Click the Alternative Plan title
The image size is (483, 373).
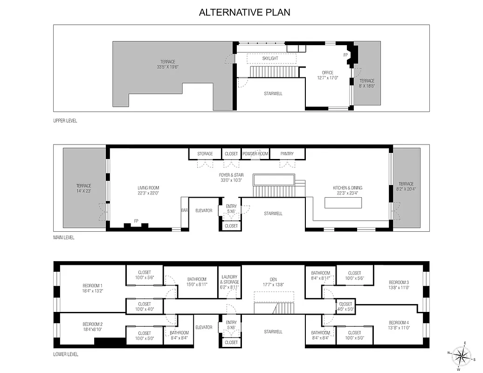click(x=244, y=12)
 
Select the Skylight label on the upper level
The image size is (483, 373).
click(x=270, y=58)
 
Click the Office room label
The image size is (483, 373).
click(x=328, y=73)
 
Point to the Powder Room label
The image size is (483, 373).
click(x=255, y=154)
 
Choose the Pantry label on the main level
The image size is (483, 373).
click(x=287, y=154)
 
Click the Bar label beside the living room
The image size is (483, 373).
click(x=184, y=210)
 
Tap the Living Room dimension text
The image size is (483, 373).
click(x=148, y=193)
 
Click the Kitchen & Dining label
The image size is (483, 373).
click(x=347, y=188)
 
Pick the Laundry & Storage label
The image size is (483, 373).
click(x=229, y=279)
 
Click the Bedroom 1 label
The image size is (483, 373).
click(x=93, y=286)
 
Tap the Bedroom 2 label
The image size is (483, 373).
click(x=93, y=324)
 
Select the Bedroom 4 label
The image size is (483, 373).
click(x=399, y=323)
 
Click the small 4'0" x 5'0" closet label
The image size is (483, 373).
click(x=345, y=306)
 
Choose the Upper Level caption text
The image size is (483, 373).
click(x=65, y=121)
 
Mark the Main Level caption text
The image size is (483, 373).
click(x=63, y=237)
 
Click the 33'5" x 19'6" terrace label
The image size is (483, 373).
click(x=168, y=64)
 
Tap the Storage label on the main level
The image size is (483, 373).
click(x=205, y=154)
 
